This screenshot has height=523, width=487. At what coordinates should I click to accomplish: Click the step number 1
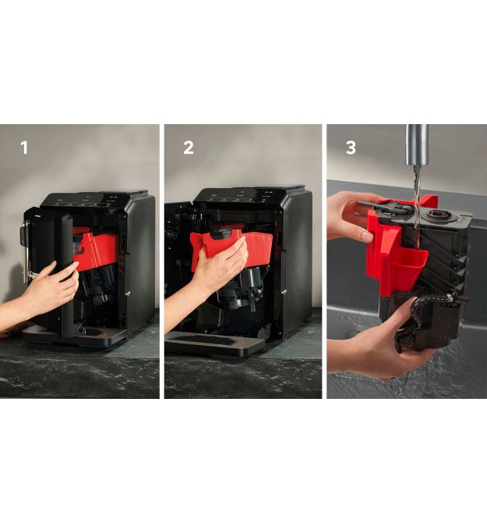click(24, 148)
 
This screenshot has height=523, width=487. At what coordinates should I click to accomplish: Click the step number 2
click(189, 148)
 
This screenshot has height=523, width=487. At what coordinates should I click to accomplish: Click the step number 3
click(351, 148)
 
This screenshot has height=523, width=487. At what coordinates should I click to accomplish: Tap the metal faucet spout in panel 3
click(416, 144)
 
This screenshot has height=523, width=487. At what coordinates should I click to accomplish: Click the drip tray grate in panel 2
click(203, 340)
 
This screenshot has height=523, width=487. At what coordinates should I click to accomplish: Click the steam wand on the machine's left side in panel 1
click(24, 250)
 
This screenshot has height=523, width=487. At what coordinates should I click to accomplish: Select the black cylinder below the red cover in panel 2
click(251, 279)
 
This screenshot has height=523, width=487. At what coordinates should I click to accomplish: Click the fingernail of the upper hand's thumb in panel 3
click(368, 237)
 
